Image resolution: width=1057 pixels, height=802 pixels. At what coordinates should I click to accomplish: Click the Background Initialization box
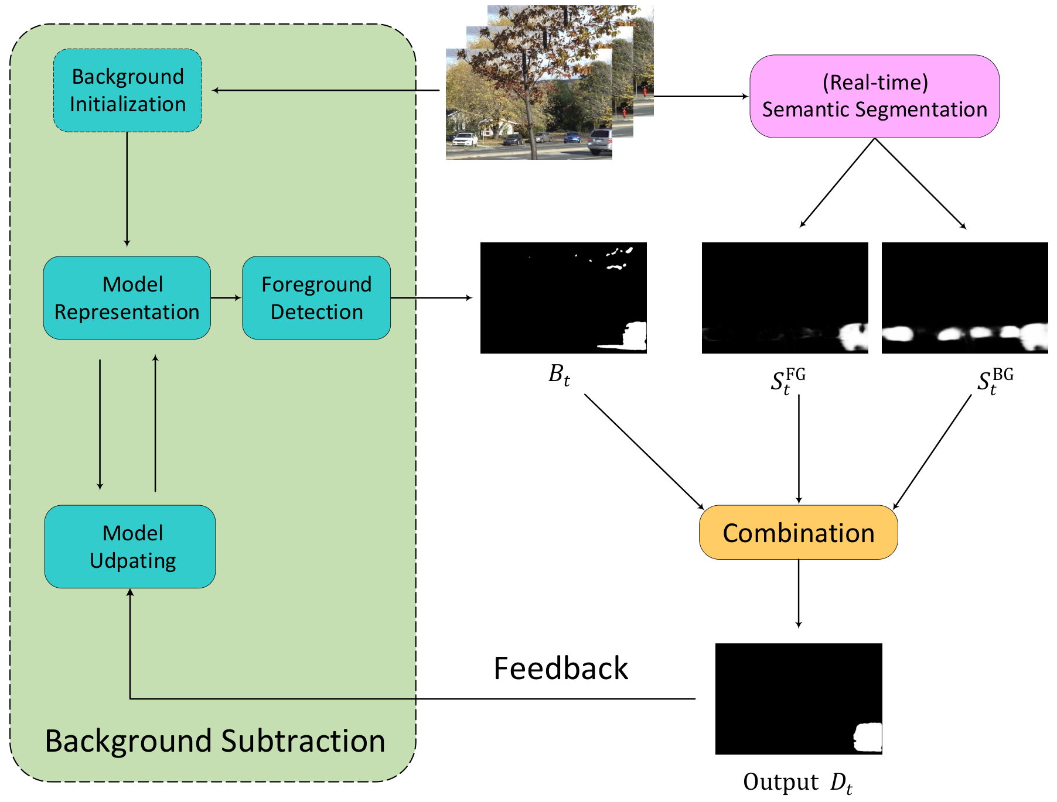click(128, 90)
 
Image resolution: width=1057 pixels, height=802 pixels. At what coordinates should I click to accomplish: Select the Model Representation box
click(127, 297)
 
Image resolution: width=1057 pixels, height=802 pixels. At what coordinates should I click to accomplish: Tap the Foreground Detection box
click(316, 297)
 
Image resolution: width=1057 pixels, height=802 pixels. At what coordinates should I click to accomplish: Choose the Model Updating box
click(130, 546)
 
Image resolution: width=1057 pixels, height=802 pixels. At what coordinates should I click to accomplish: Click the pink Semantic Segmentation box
click(874, 96)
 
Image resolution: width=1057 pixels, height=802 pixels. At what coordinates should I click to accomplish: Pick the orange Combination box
click(798, 532)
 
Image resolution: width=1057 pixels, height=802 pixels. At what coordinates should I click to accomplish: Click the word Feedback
click(561, 668)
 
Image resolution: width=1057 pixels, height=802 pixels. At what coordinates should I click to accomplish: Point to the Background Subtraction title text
click(215, 741)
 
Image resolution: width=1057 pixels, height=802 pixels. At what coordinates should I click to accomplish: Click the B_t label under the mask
click(559, 375)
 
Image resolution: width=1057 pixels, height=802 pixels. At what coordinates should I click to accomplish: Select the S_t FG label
click(788, 381)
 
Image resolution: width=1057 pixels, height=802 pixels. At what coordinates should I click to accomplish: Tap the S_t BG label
click(995, 381)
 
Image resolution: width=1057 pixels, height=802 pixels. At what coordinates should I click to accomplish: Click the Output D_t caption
click(797, 783)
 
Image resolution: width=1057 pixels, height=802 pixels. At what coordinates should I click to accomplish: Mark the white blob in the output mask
click(868, 738)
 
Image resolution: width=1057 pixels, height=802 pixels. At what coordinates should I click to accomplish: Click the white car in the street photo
click(465, 139)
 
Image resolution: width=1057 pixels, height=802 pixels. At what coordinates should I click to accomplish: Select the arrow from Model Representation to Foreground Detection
click(226, 297)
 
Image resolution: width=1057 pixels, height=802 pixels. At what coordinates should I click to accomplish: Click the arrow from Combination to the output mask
click(798, 594)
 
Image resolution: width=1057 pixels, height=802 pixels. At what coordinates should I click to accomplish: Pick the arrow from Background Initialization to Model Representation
click(127, 189)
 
